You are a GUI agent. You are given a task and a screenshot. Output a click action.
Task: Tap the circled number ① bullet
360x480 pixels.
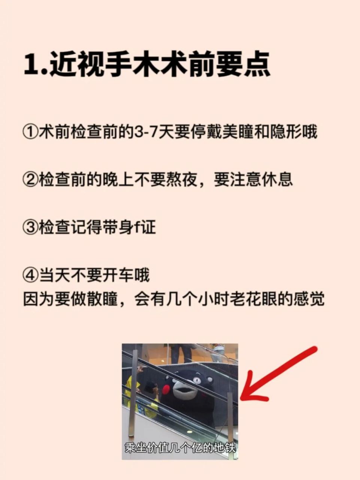pyautogui.click(x=30, y=132)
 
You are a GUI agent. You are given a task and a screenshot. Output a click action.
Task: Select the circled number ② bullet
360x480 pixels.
pyautogui.click(x=30, y=180)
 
